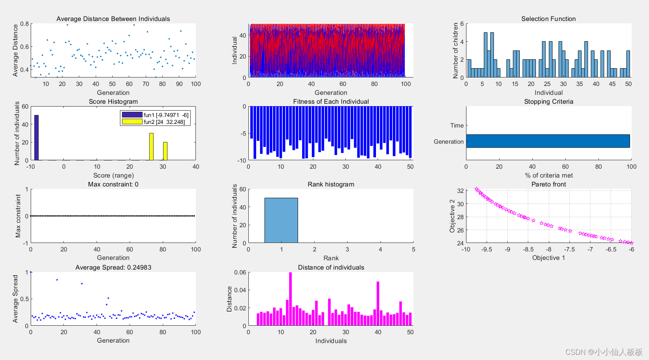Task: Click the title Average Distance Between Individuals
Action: pyautogui.click(x=113, y=19)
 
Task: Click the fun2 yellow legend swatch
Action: pyautogui.click(x=132, y=121)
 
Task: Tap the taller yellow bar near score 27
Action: pyautogui.click(x=151, y=147)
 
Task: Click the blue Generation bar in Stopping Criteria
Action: pyautogui.click(x=548, y=141)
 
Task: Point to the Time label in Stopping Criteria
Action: pyautogui.click(x=457, y=126)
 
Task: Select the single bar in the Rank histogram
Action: pyautogui.click(x=281, y=220)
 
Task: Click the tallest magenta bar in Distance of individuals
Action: pyautogui.click(x=290, y=299)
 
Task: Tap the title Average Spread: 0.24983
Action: pyautogui.click(x=113, y=268)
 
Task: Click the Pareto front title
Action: pyautogui.click(x=548, y=184)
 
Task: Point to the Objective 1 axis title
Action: pyautogui.click(x=548, y=258)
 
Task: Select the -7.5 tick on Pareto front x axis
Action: pyautogui.click(x=569, y=249)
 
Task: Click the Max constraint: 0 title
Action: pyautogui.click(x=113, y=184)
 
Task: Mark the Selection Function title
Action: pyautogui.click(x=548, y=19)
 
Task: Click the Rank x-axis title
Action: pyautogui.click(x=331, y=258)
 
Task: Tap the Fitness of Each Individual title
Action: pyautogui.click(x=331, y=102)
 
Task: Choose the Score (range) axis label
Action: pyautogui.click(x=113, y=176)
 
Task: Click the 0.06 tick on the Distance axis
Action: pyautogui.click(x=240, y=272)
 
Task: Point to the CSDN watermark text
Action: pyautogui.click(x=603, y=352)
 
